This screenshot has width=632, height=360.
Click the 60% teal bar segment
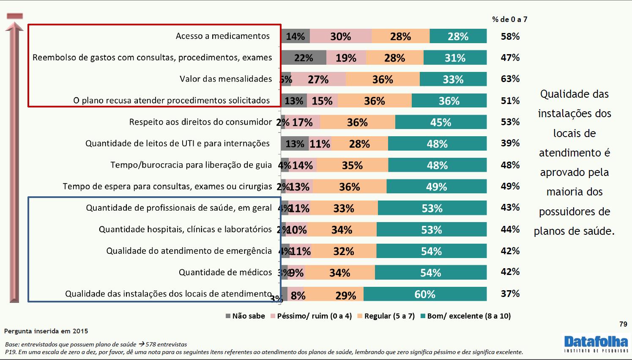(425, 294)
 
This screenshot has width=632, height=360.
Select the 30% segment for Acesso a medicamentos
(341, 36)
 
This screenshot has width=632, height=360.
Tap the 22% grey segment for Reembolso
(304, 58)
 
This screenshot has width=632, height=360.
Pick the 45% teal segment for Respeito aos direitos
(440, 122)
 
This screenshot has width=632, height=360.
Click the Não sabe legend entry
(246, 316)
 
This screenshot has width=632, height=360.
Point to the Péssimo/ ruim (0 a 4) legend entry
(311, 316)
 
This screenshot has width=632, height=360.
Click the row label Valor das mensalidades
(226, 79)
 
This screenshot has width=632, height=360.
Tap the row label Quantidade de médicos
(225, 272)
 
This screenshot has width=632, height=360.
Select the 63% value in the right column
(510, 79)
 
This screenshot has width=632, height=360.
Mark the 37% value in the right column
(510, 294)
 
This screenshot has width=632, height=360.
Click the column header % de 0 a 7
(509, 19)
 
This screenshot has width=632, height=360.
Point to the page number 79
(623, 324)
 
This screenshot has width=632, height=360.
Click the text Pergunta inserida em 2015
(47, 331)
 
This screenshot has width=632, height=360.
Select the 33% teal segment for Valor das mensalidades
(453, 79)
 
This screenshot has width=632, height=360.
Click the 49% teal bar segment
(436, 187)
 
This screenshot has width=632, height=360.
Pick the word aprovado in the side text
(574, 173)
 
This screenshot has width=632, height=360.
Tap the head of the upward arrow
(15, 26)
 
